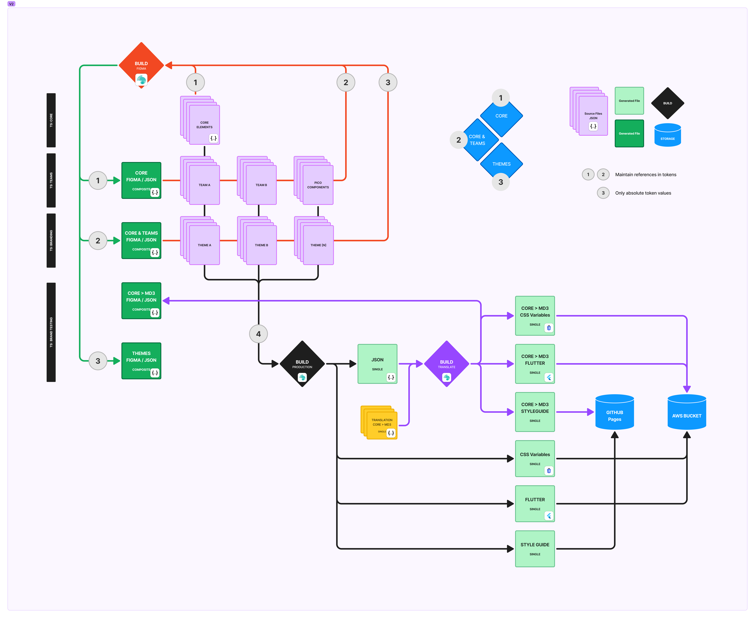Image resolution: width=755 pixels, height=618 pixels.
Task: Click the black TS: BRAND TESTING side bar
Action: [51, 332]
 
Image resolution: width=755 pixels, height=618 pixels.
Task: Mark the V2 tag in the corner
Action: [11, 4]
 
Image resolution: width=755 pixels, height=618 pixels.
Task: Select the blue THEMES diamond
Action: [501, 164]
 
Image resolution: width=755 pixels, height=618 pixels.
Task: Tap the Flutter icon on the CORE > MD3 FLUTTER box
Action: [549, 377]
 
